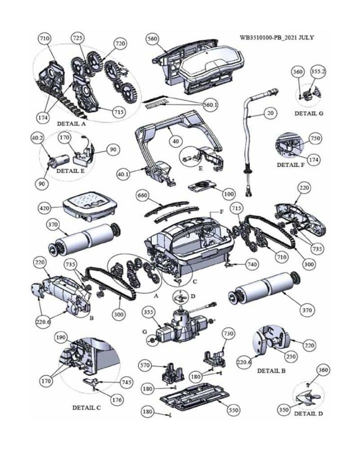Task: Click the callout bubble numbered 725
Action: tap(77, 39)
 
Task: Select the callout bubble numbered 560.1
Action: tap(210, 104)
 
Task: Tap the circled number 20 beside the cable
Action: tap(270, 113)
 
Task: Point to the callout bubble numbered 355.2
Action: tap(318, 71)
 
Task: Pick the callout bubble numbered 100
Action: tap(229, 194)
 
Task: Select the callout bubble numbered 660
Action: tap(142, 195)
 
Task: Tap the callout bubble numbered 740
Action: tap(252, 264)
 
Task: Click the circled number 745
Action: tap(126, 382)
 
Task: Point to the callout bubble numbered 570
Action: tap(144, 366)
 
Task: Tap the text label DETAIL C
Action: tap(86, 408)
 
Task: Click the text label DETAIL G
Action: tap(309, 113)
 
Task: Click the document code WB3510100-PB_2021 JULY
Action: tap(277, 37)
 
